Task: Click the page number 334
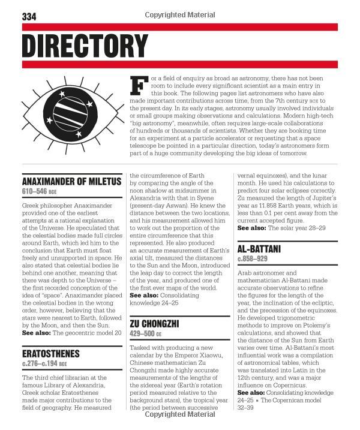[x=29, y=17]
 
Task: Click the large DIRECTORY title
[x=85, y=46]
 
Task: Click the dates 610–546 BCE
[x=44, y=192]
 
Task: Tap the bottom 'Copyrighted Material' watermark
[x=180, y=413]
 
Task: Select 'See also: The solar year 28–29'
[x=281, y=228]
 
